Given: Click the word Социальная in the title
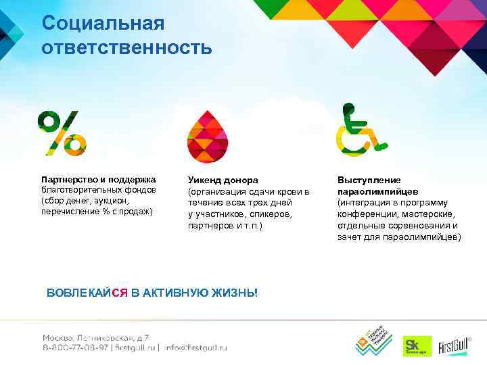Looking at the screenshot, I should pyautogui.click(x=103, y=23).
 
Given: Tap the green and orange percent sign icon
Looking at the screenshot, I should pyautogui.click(x=62, y=132).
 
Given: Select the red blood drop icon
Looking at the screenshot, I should pyautogui.click(x=207, y=136).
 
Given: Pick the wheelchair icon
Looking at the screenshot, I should pyautogui.click(x=360, y=129).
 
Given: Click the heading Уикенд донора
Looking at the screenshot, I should pyautogui.click(x=223, y=180).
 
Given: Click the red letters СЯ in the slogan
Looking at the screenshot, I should pyautogui.click(x=119, y=293).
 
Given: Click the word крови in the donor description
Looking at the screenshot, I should pyautogui.click(x=286, y=192).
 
